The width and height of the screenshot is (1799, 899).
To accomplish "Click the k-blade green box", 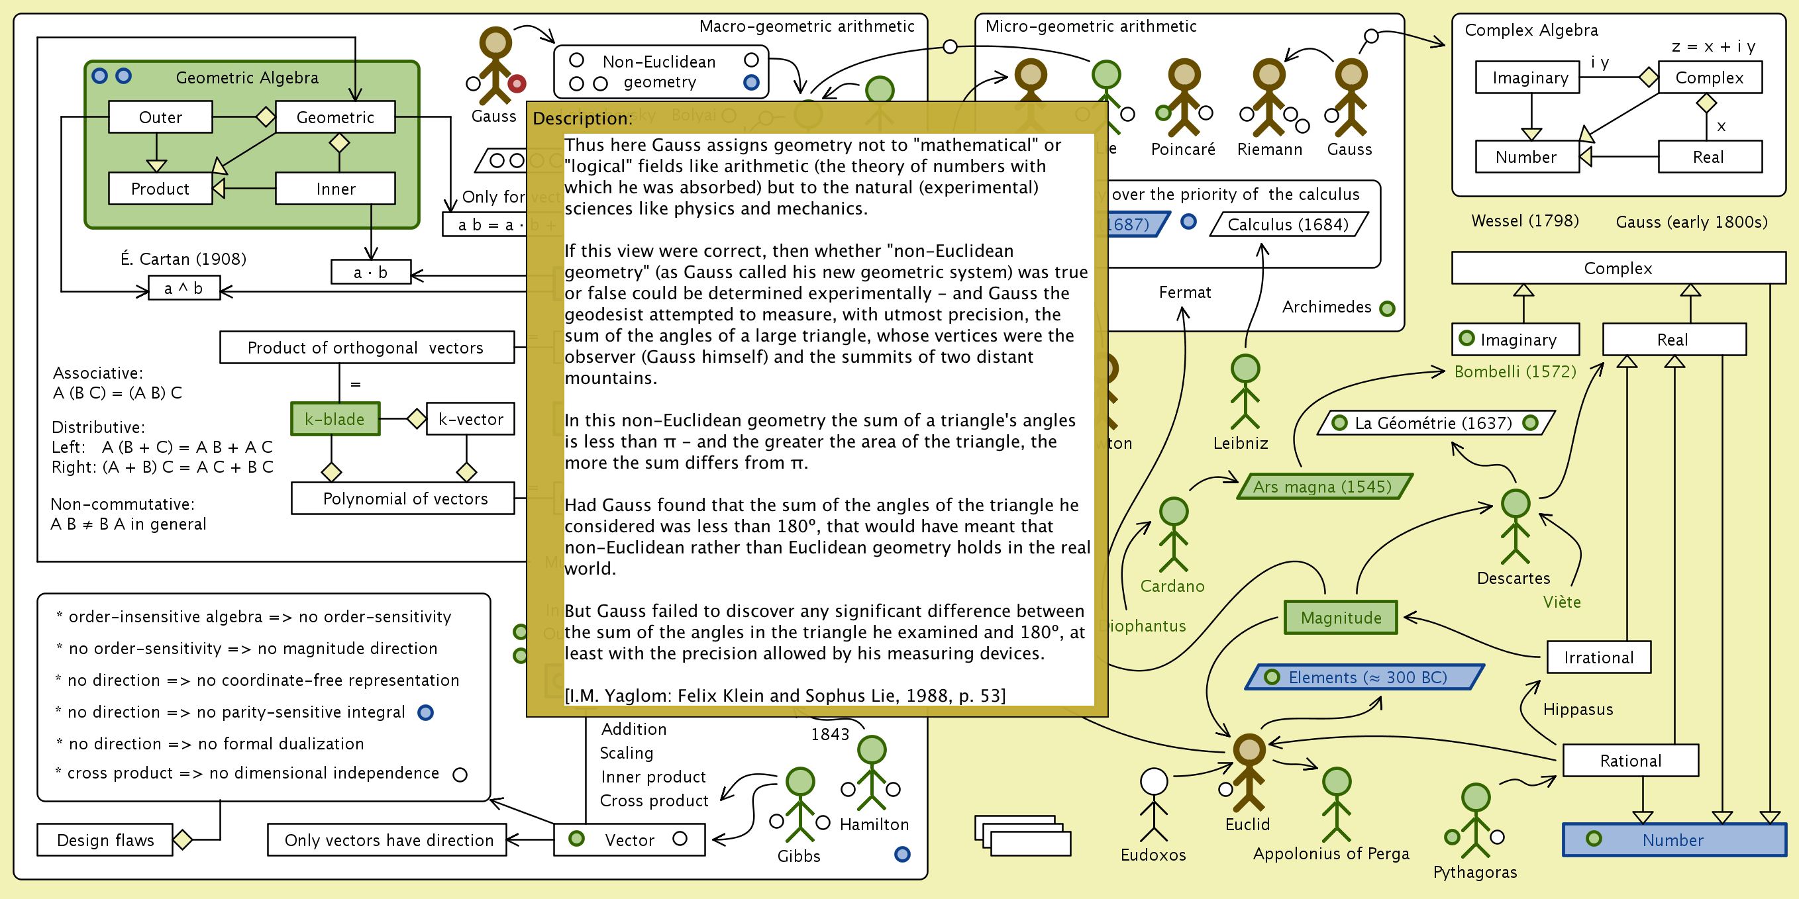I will [x=335, y=419].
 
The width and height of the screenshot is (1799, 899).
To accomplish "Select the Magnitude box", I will [x=1340, y=618].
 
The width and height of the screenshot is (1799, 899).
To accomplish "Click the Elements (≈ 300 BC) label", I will [x=1366, y=677].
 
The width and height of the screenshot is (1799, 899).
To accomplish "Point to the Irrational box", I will [x=1598, y=657].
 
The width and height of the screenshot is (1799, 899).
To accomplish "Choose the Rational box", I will [x=1630, y=760].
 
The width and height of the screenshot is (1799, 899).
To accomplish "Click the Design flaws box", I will [x=105, y=839].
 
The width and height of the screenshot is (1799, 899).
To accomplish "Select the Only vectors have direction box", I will [x=388, y=839].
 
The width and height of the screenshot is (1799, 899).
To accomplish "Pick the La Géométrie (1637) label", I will [x=1433, y=423].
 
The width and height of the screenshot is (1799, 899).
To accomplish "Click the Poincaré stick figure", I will [x=1184, y=98].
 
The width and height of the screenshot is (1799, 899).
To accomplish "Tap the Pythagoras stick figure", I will [x=1475, y=820].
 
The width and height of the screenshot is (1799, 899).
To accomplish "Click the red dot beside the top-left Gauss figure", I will [x=517, y=84].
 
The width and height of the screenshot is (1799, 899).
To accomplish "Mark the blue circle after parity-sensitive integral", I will [x=425, y=712].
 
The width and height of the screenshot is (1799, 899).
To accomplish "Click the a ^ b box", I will [x=183, y=288].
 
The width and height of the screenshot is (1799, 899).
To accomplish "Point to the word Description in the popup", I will [x=581, y=118].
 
